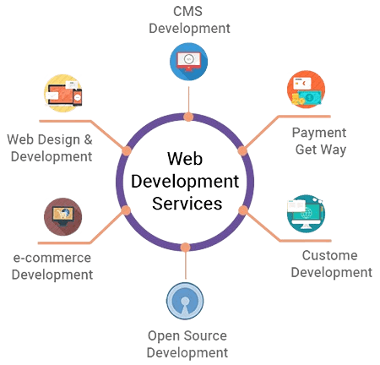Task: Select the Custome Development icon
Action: [305, 215]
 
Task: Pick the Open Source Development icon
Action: [184, 299]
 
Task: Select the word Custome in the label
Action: [329, 256]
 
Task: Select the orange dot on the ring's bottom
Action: [184, 248]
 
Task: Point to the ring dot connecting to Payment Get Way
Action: [242, 149]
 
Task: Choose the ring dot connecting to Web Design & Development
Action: [127, 150]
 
